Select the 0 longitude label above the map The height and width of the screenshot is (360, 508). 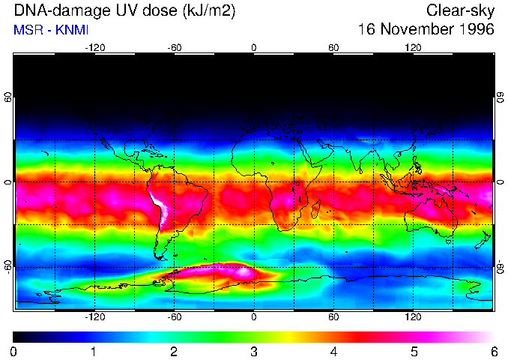254,47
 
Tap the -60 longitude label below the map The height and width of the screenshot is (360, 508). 174,316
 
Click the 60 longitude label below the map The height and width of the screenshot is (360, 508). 333,316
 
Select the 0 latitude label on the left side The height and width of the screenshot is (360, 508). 7,182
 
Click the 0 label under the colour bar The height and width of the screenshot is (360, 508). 14,351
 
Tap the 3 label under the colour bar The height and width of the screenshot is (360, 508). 254,351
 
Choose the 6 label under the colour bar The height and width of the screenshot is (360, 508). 493,351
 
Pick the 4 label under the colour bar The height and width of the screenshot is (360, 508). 333,351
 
